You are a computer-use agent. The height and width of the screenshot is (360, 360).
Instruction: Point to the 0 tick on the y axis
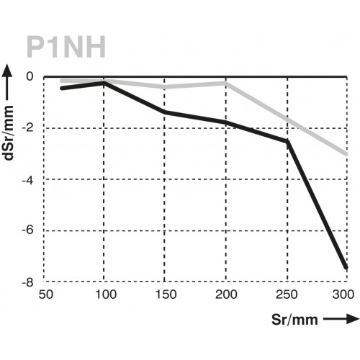coord(30,76)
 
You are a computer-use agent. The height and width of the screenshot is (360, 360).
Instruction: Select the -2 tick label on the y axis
coord(28,127)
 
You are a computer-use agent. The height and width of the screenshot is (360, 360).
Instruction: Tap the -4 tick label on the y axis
coord(28,179)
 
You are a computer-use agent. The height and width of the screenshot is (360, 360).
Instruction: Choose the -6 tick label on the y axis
coord(28,230)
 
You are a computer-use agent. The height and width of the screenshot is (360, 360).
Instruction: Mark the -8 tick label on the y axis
coord(28,282)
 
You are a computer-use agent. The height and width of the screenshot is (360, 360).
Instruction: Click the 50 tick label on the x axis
coord(45,295)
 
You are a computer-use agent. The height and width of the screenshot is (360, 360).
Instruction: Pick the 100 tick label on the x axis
coord(105,295)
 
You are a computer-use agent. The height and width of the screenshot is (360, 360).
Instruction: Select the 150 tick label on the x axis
coord(166,295)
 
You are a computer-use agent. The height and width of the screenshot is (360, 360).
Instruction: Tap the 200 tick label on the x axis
coord(227,295)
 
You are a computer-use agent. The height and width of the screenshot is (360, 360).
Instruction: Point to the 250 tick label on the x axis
coord(287,295)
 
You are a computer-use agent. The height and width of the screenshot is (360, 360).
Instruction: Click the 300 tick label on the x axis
coord(346,295)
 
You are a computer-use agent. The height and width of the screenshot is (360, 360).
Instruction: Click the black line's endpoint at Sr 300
coord(347,268)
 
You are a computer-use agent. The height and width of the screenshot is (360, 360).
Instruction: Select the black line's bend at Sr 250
coord(287,142)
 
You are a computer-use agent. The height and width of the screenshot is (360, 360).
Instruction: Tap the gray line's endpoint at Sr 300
coord(347,154)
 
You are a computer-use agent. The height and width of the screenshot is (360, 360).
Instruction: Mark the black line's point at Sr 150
coord(166,112)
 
